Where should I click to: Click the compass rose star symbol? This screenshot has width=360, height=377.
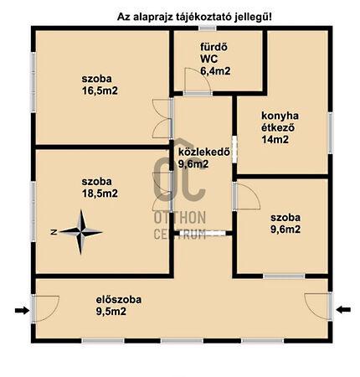81,232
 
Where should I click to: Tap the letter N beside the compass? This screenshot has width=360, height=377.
54,232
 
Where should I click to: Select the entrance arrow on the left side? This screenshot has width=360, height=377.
22,310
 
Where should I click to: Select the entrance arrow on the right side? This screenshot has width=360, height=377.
343,309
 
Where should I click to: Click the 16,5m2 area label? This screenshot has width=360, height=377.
100,90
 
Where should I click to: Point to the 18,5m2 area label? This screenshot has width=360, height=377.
100,194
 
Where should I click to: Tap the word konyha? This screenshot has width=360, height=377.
280,116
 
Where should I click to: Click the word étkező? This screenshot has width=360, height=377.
278,127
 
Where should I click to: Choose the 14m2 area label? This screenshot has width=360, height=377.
275,139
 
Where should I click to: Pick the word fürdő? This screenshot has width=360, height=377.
213,47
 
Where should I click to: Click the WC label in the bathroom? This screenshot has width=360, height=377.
208,59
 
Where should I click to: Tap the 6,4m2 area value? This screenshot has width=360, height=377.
215,71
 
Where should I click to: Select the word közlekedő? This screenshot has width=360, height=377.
204,152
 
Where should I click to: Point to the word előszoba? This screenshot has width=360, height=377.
119,300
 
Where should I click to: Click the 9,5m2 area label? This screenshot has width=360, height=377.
111,312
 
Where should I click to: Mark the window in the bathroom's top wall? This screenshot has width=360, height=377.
208,28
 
